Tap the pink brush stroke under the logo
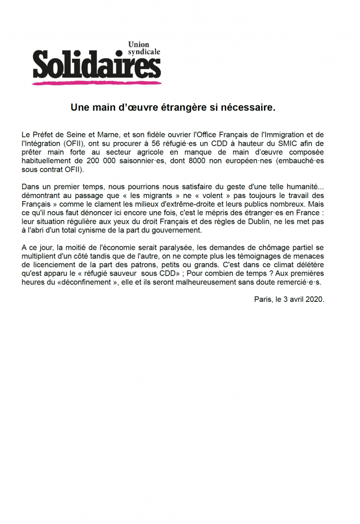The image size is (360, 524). click(x=96, y=82)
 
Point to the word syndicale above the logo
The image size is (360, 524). click(x=144, y=52)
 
